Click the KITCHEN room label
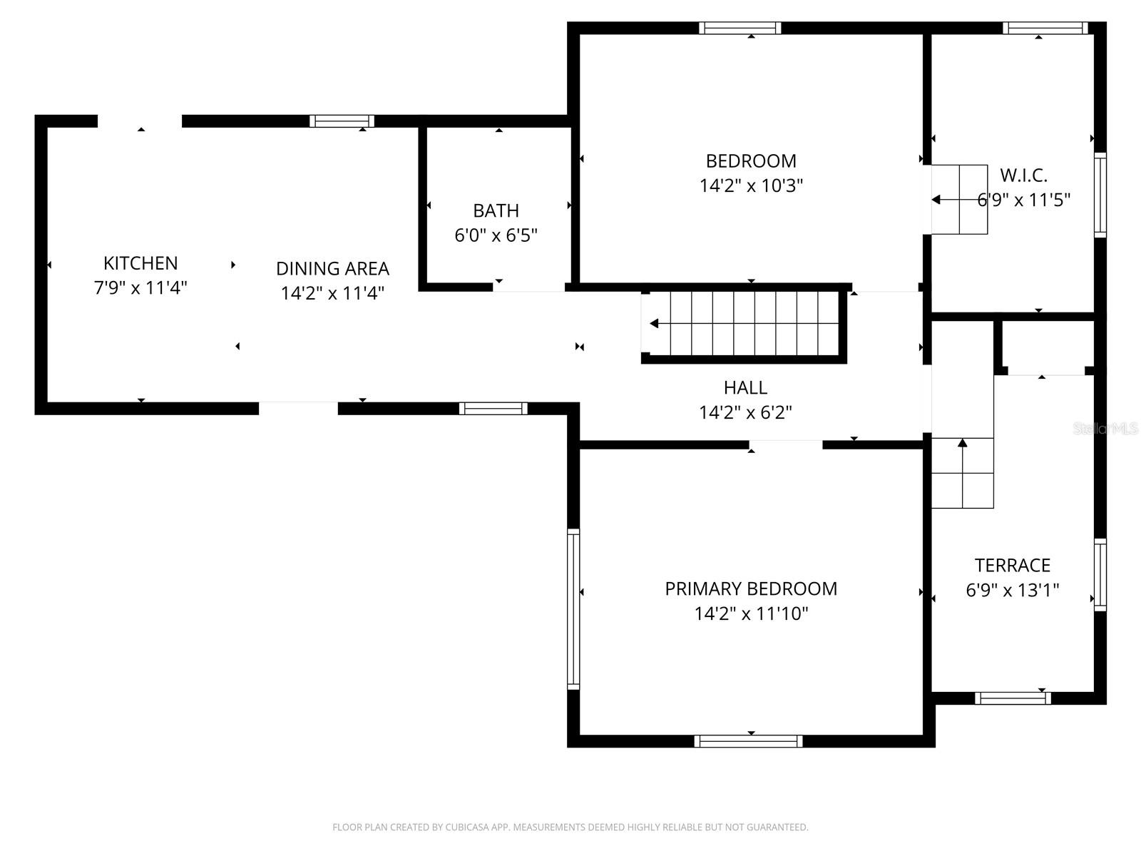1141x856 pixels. [x=140, y=263]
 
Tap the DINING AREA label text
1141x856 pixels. [x=332, y=269]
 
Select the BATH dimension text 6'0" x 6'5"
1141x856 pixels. [x=496, y=235]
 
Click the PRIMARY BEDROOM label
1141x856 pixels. [x=751, y=588]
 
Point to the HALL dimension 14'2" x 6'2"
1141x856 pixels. [x=745, y=412]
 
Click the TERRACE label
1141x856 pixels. [x=1012, y=566]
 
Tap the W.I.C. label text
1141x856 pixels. [x=1023, y=175]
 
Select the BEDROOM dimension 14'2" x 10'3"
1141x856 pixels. [x=751, y=186]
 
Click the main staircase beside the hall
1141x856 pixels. [x=745, y=324]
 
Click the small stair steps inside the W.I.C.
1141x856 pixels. [x=960, y=200]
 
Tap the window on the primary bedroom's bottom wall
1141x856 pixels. [x=748, y=741]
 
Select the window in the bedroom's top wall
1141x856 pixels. [x=740, y=29]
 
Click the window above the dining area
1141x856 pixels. [x=342, y=121]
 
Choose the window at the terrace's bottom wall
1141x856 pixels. [x=1012, y=698]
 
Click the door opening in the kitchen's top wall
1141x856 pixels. [x=140, y=121]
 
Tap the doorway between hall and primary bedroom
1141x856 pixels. [x=786, y=445]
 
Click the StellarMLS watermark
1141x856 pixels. [x=1105, y=429]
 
